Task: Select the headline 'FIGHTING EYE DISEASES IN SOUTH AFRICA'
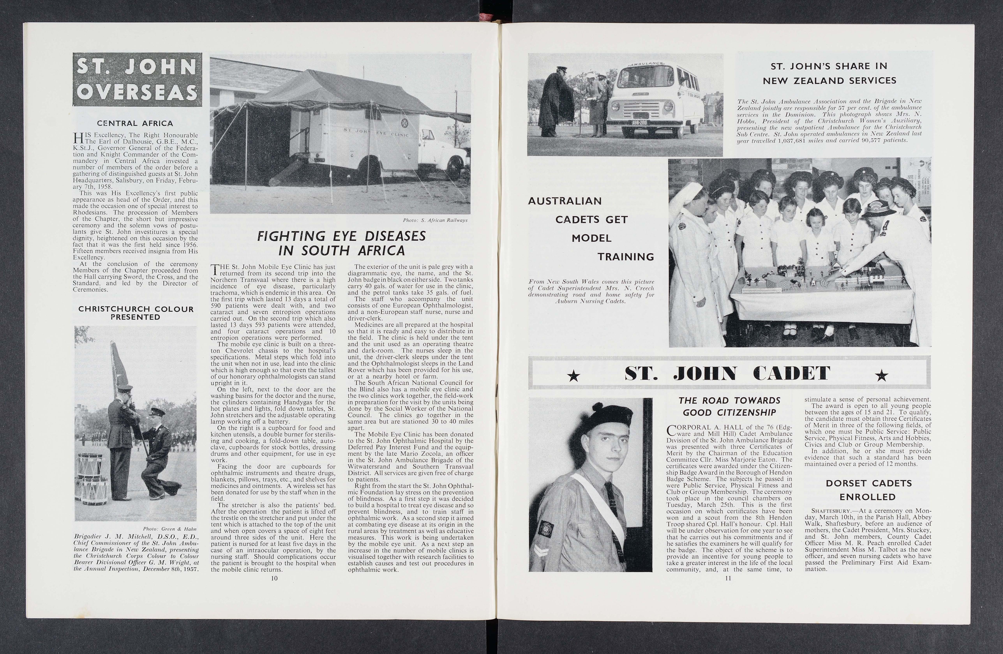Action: pyautogui.click(x=341, y=243)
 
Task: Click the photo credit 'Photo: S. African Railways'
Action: pyautogui.click(x=435, y=220)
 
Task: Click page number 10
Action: pyautogui.click(x=274, y=578)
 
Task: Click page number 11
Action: pyautogui.click(x=728, y=578)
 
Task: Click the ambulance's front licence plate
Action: pyautogui.click(x=640, y=123)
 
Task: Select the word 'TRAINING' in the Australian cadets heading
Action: pyautogui.click(x=625, y=257)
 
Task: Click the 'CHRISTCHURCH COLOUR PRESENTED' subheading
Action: pyautogui.click(x=136, y=313)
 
